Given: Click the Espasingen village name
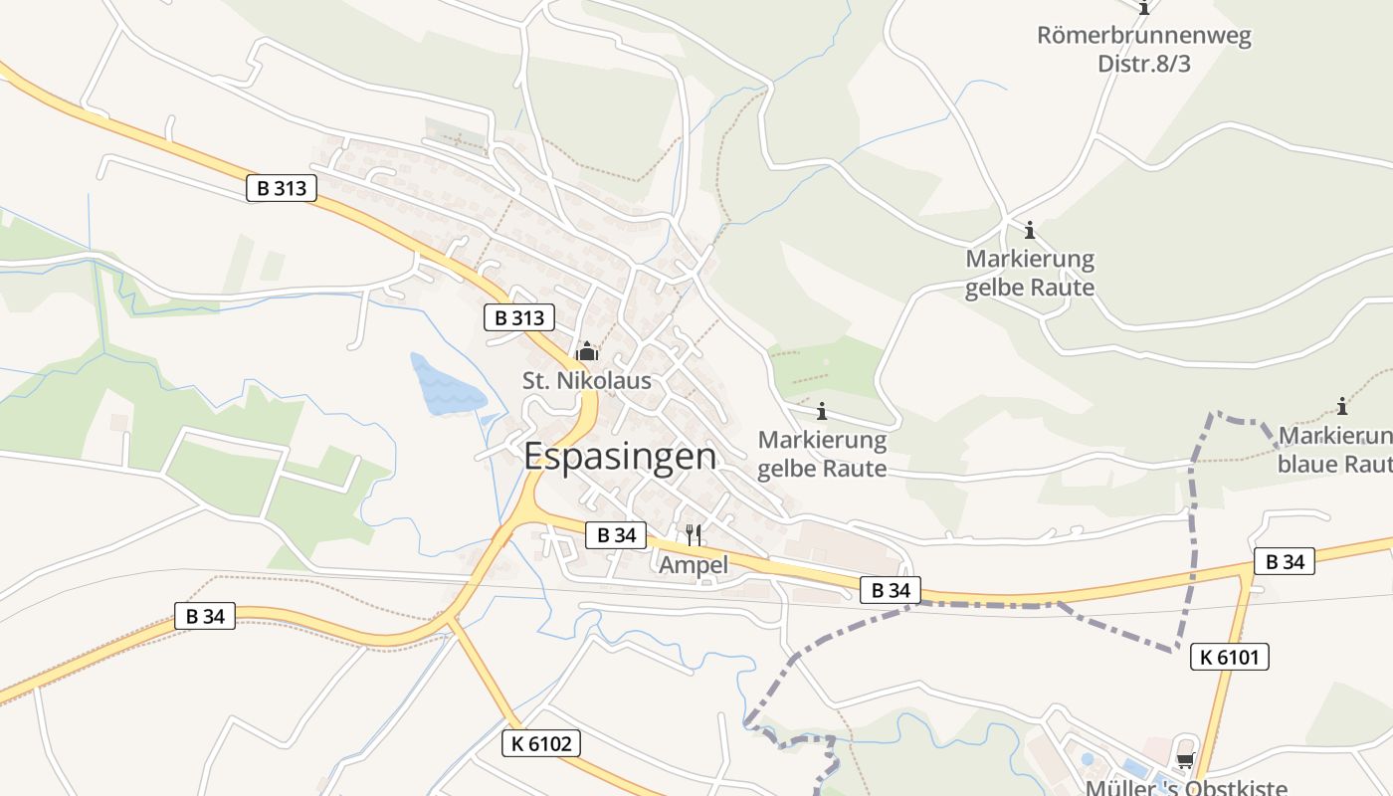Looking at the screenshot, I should [619, 456].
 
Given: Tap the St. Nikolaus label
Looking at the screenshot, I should [587, 380].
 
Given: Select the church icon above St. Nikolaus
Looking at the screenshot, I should [587, 351].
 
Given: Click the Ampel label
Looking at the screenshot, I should [694, 564].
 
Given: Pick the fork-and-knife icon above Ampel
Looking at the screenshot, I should [694, 535].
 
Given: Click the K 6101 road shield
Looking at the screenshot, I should [1229, 657].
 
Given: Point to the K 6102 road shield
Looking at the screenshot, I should [540, 743].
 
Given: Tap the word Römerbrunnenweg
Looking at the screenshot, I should [1143, 37].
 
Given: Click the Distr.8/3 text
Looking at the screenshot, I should [1143, 64].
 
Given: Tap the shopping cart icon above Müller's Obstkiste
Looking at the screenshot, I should [1184, 761].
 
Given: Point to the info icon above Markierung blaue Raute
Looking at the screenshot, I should [1342, 406].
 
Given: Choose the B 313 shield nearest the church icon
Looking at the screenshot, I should [518, 318].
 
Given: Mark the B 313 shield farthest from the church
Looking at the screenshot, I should [282, 188].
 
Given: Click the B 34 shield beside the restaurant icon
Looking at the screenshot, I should [616, 534].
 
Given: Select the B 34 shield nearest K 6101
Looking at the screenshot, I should [1284, 562].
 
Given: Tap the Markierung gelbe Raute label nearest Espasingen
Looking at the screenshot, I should [822, 453].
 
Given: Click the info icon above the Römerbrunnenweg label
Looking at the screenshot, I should [1144, 8].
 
